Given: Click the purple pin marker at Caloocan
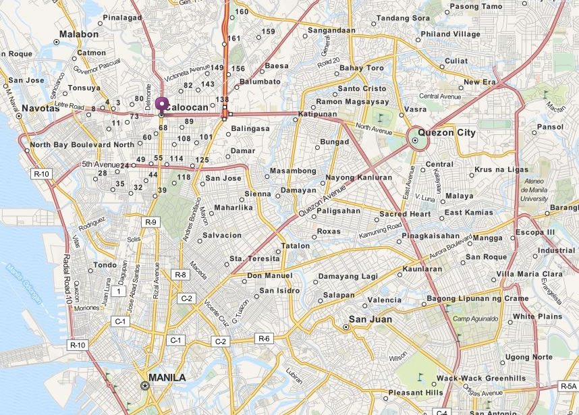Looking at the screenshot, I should (x=161, y=105).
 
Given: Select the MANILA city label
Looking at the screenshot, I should (x=167, y=378).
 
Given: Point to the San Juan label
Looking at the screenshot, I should (x=369, y=320).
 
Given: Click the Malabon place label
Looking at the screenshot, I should (x=79, y=34).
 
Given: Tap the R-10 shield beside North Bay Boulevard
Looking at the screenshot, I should (x=41, y=173).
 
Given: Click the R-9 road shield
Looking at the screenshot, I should (x=150, y=221).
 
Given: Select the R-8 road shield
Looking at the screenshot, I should (x=180, y=275).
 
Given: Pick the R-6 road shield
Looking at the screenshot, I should (x=263, y=338).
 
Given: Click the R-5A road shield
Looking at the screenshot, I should (x=568, y=387).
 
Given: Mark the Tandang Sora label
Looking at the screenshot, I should (x=403, y=18).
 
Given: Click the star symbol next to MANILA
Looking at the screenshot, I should (x=144, y=385).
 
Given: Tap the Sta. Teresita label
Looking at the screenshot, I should (x=254, y=258).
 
